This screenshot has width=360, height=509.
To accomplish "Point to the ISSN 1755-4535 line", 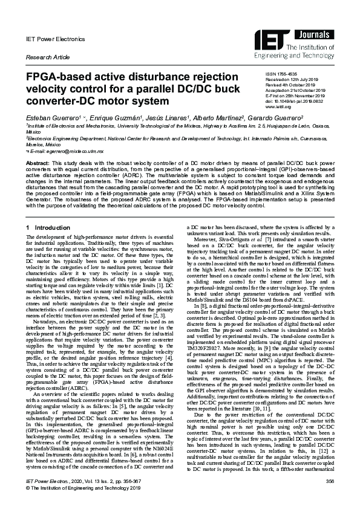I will pyautogui.click(x=283, y=74).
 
